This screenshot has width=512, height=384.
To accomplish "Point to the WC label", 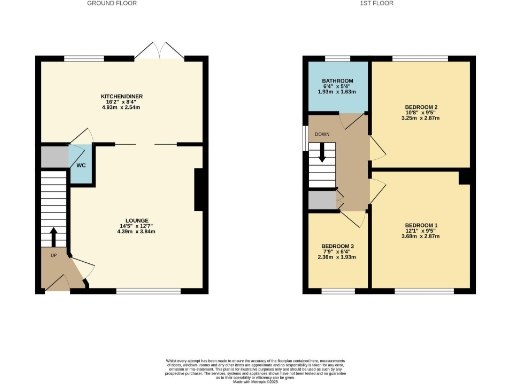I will [79, 165].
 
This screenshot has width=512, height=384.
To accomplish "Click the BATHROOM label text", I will [337, 79].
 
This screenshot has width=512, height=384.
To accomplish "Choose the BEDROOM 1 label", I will [422, 225].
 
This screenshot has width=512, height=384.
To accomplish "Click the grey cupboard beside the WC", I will [53, 157].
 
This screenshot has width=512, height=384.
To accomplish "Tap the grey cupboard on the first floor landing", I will [321, 200].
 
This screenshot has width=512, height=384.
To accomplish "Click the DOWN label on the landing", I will [321, 133].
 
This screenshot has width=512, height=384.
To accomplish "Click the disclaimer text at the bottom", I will [256, 365].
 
